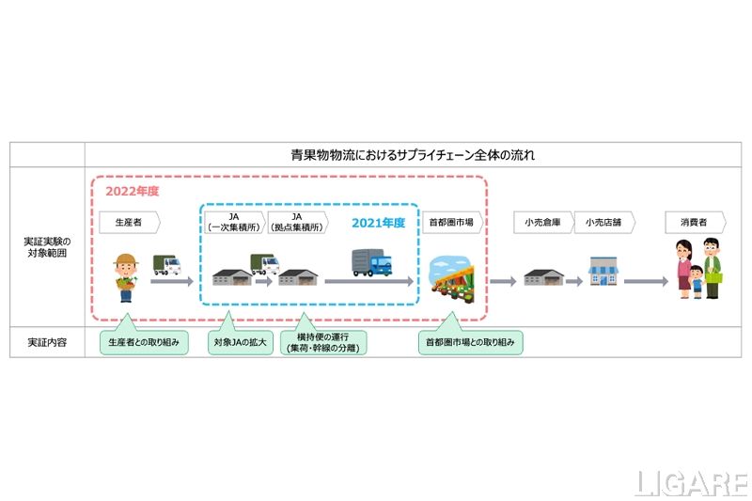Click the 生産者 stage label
pyautogui.click(x=129, y=223)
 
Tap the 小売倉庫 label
pyautogui.click(x=542, y=223)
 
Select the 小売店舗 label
pyautogui.click(x=602, y=223)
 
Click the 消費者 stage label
pyautogui.click(x=694, y=223)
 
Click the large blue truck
pyautogui.click(x=372, y=262)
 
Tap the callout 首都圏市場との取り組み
pyautogui.click(x=470, y=343)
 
